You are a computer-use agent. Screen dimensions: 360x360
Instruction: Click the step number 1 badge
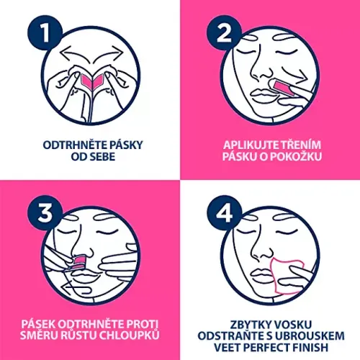(45, 33)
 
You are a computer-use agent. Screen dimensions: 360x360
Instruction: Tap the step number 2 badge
(224, 33)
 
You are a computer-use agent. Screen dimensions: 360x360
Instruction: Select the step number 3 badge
(45, 213)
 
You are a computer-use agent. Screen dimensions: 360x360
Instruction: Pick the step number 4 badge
(224, 213)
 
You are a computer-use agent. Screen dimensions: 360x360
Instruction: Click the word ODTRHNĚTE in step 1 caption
(75, 145)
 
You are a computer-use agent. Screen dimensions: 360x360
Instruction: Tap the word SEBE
(102, 157)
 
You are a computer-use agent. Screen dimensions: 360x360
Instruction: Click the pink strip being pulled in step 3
(78, 262)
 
